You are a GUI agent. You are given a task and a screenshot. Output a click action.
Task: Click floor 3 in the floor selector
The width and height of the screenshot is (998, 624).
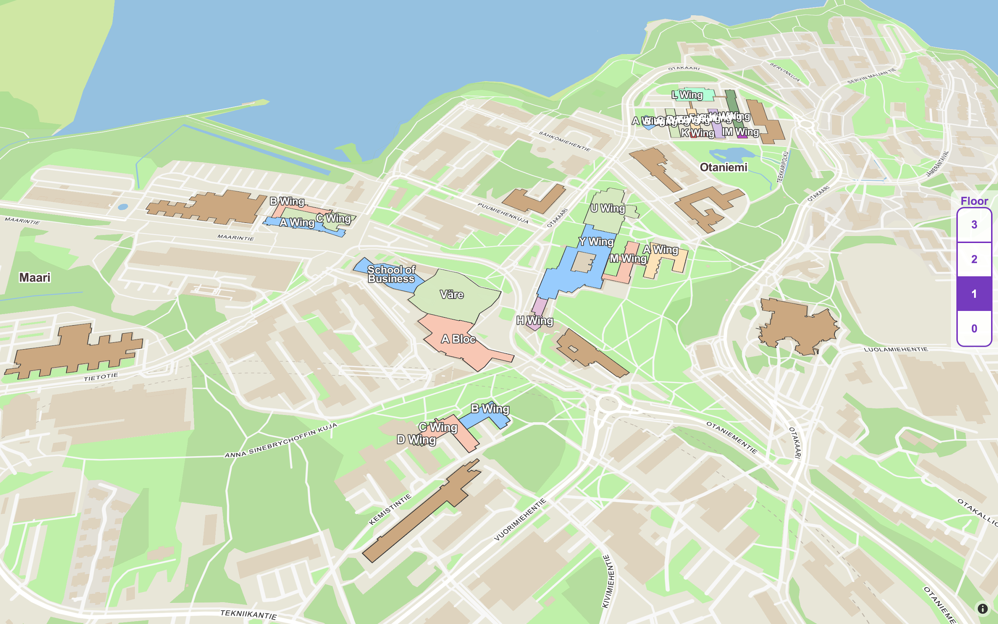click(974, 225)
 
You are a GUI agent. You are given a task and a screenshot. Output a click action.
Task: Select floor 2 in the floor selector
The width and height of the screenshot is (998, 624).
click(974, 259)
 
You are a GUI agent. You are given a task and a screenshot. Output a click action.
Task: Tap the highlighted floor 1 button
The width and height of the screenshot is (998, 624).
click(974, 294)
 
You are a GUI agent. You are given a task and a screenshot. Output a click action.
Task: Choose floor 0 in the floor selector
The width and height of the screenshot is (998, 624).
click(974, 328)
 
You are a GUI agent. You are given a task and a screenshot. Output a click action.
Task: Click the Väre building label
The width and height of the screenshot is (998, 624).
click(451, 295)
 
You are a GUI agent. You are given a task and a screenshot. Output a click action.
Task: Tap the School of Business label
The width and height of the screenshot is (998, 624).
click(391, 274)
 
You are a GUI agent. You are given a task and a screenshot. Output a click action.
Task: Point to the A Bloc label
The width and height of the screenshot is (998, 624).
click(458, 339)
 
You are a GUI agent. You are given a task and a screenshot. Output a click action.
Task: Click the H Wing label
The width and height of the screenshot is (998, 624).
click(535, 321)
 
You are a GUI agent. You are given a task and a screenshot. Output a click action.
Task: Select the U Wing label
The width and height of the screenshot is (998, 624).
click(608, 209)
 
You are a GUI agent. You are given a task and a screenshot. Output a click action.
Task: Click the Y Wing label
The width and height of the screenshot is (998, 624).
click(596, 242)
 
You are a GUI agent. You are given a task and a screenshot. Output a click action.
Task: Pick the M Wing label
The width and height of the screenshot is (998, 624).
click(628, 259)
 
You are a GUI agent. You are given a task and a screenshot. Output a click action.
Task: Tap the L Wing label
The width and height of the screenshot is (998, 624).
click(687, 95)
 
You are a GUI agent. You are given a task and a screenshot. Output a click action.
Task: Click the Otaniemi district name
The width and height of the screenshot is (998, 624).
click(723, 167)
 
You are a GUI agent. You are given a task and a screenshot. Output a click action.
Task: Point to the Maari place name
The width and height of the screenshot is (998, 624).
click(35, 278)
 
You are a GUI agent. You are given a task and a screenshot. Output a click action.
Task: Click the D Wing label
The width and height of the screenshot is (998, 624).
click(416, 440)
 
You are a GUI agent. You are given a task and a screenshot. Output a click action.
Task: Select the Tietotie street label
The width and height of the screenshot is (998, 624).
click(101, 377)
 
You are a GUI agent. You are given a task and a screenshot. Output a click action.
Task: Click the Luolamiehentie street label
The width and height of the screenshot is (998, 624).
click(896, 350)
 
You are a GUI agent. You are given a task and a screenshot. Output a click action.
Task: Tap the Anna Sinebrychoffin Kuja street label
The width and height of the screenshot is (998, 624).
click(281, 441)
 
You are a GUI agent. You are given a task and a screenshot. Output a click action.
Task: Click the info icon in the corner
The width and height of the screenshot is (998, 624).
click(982, 609)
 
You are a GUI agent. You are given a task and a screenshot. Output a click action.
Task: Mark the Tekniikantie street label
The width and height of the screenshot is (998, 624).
click(248, 614)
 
